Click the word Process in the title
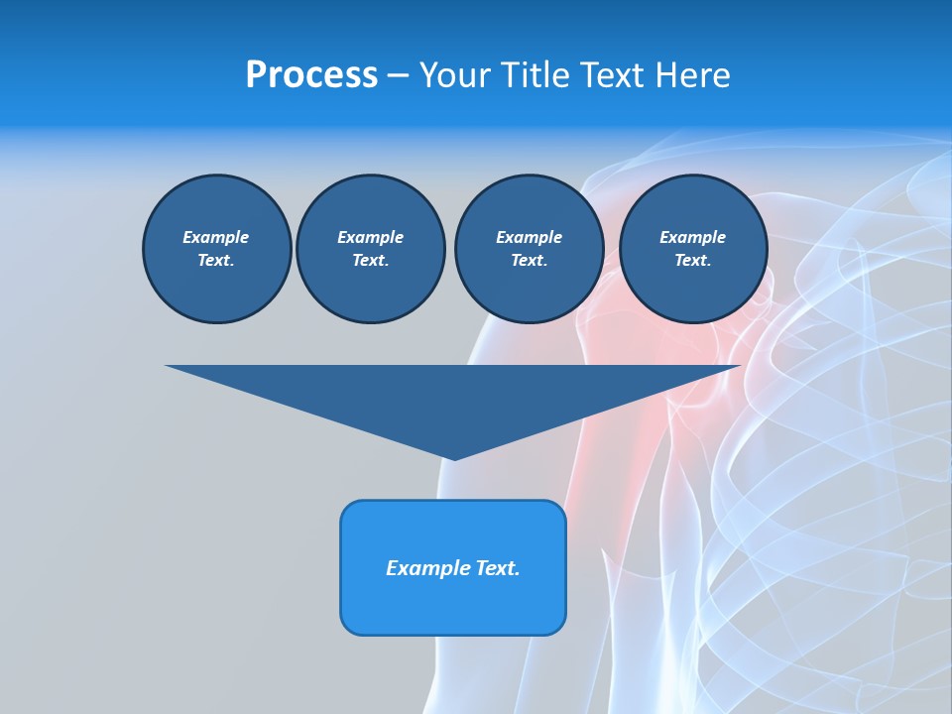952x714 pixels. click(311, 74)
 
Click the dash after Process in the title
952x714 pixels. click(398, 75)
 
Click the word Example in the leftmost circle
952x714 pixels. click(216, 237)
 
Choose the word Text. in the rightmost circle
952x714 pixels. click(692, 260)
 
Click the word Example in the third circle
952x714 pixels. click(529, 237)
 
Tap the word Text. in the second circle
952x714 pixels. click(370, 260)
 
